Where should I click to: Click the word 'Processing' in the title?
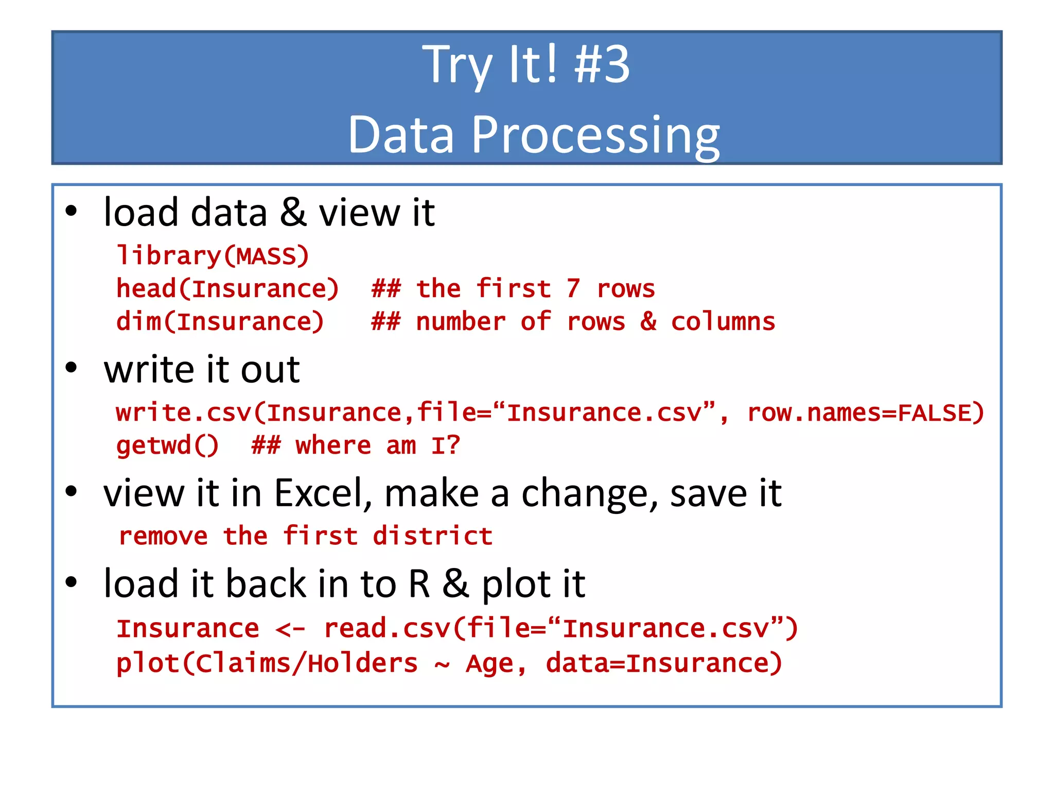pyautogui.click(x=595, y=135)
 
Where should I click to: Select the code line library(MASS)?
pyautogui.click(x=213, y=256)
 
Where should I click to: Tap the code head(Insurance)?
pyautogui.click(x=227, y=289)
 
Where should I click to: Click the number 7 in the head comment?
pyautogui.click(x=573, y=289)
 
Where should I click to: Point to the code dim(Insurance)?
pyautogui.click(x=220, y=322)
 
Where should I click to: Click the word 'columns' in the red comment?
pyautogui.click(x=723, y=322)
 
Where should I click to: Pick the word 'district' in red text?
pyautogui.click(x=432, y=537)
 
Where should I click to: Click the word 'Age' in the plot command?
pyautogui.click(x=489, y=663)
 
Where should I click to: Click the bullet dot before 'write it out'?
pyautogui.click(x=71, y=368)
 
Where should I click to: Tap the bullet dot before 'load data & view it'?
pyautogui.click(x=71, y=211)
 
